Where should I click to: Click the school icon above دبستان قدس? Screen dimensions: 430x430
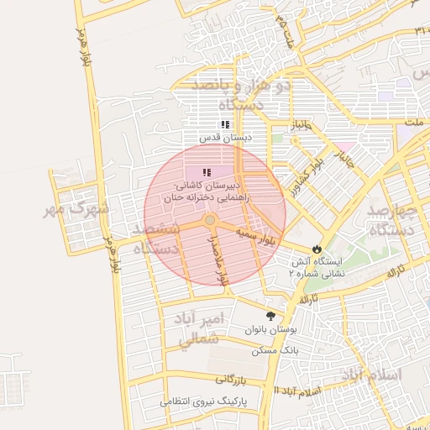pos(224,124)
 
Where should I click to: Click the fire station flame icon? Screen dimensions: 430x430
pos(316,249)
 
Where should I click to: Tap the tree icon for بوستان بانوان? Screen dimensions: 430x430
pos(270,317)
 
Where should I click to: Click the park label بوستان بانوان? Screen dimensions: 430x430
pos(267,330)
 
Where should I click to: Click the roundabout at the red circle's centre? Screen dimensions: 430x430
pos(211,220)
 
